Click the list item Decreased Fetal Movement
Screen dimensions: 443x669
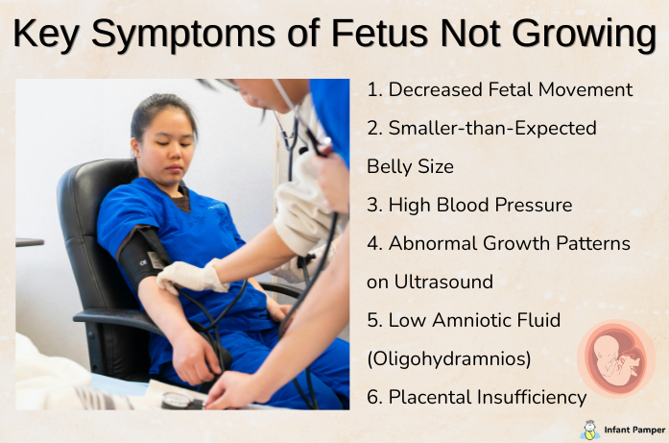click(499, 89)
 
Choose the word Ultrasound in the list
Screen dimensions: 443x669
click(442, 282)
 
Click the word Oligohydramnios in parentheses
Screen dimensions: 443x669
click(448, 358)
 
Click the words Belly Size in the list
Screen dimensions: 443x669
click(410, 166)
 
